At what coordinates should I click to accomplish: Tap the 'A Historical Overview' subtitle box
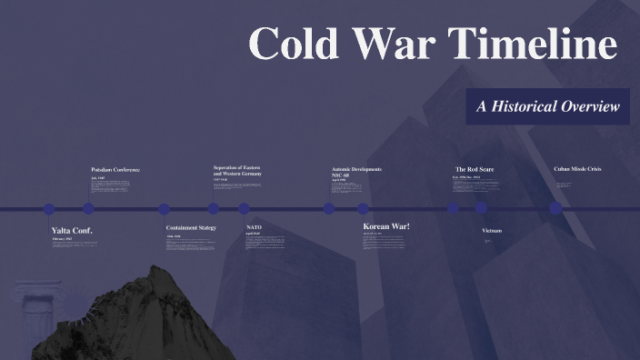[x=547, y=107]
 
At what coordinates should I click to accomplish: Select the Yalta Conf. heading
[x=73, y=230]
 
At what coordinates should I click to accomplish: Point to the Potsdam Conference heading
[x=115, y=170]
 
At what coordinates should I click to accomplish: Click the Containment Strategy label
[x=191, y=227]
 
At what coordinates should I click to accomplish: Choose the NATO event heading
[x=255, y=227]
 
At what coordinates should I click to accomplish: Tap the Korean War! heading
[x=386, y=225]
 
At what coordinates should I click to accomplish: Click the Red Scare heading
[x=475, y=169]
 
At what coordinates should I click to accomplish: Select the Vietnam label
[x=492, y=231]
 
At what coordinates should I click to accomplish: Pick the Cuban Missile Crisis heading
[x=577, y=169]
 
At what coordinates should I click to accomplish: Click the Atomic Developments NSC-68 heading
[x=356, y=172]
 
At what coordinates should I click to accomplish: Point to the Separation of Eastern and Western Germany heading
[x=237, y=170]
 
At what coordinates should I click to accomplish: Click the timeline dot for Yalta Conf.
[x=49, y=209]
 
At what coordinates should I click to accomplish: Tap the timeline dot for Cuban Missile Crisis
[x=555, y=208]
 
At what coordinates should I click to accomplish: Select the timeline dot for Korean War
[x=363, y=209]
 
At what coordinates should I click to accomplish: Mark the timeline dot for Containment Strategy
[x=165, y=209]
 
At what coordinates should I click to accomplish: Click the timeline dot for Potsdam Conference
[x=89, y=209]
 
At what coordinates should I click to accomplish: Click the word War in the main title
[x=395, y=45]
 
